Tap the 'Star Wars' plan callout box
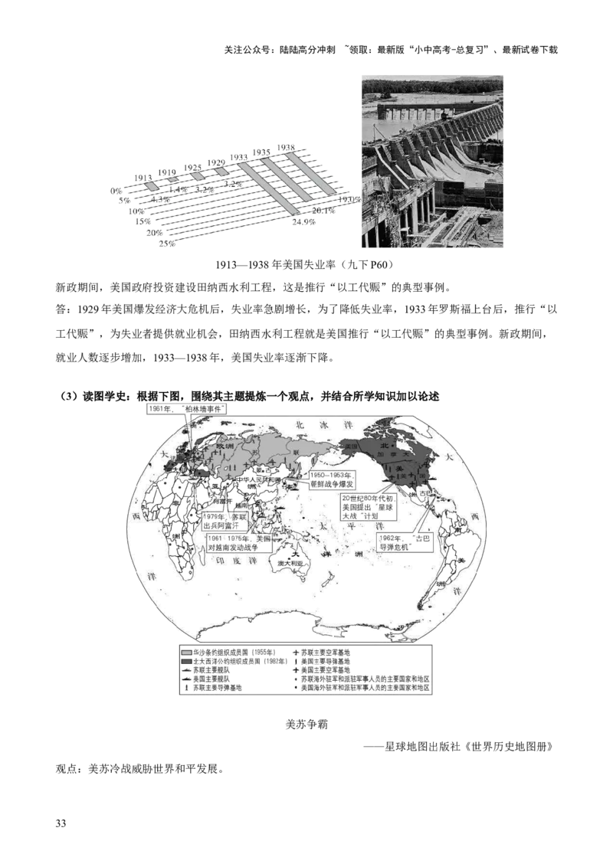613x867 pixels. pyautogui.click(x=368, y=507)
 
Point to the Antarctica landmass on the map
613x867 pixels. pyautogui.click(x=306, y=624)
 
